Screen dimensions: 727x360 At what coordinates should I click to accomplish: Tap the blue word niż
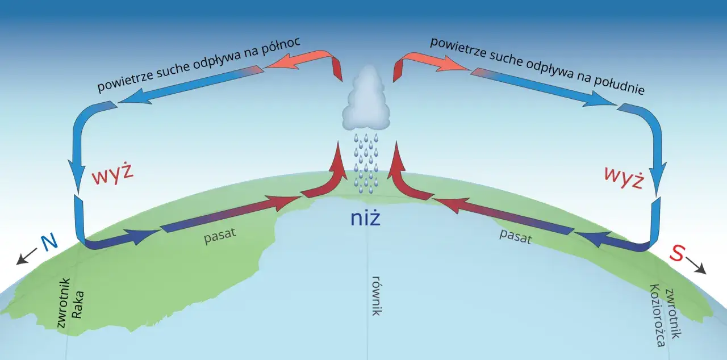365,217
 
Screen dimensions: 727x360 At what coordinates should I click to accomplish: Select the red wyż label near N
112,176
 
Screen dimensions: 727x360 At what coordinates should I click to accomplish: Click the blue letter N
49,242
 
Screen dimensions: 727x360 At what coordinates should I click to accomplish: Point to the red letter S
678,253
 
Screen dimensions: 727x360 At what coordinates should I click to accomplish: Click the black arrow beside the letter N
27,257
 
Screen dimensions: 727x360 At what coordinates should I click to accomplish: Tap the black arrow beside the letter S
696,266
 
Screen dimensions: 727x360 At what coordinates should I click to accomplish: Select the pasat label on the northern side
220,235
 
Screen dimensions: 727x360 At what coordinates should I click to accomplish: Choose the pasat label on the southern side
515,236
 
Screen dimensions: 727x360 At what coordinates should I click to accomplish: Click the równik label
376,296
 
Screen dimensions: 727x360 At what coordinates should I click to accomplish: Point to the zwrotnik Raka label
70,303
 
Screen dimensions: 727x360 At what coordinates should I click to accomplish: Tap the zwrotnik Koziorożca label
665,316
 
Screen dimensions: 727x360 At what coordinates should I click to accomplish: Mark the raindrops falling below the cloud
366,163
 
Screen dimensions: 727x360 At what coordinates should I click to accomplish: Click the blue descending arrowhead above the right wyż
658,179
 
